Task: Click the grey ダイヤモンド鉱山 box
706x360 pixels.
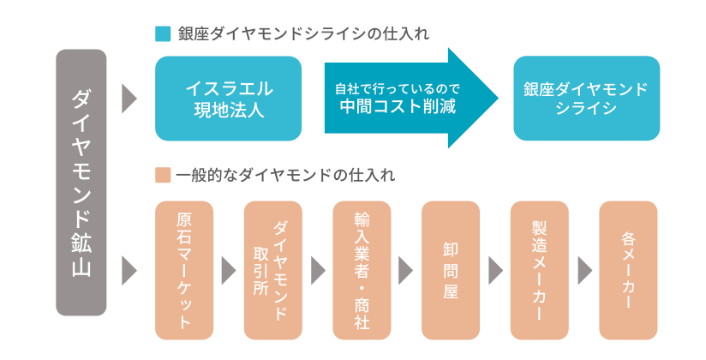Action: click(81, 183)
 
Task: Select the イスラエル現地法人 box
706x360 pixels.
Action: click(228, 99)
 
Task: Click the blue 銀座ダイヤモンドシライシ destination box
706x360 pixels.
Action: click(586, 99)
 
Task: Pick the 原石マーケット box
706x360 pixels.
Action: click(184, 269)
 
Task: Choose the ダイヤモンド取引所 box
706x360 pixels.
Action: click(272, 269)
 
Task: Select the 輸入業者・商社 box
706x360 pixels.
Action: click(362, 269)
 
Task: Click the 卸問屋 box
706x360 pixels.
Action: click(450, 269)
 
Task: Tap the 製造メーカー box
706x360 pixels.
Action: click(539, 269)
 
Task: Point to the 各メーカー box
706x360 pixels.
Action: click(627, 269)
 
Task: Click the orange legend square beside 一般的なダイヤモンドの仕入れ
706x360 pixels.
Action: click(163, 175)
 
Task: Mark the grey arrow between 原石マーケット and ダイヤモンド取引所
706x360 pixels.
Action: click(228, 271)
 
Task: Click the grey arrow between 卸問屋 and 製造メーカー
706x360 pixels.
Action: click(494, 271)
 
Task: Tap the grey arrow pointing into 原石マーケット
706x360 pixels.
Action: click(129, 271)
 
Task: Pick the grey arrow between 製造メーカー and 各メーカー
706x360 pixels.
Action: click(583, 271)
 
